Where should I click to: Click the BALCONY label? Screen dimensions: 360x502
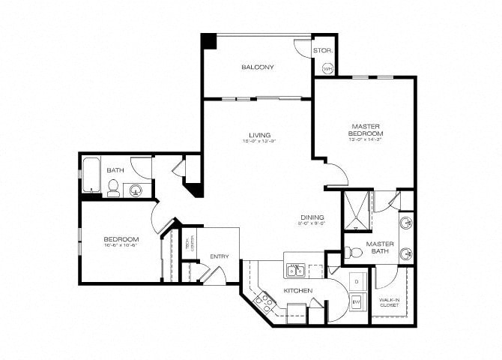click(x=257, y=67)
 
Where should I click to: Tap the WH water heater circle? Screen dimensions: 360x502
click(x=327, y=68)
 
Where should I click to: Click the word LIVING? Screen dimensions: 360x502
click(x=260, y=135)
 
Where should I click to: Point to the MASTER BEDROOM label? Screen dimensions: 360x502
click(x=365, y=130)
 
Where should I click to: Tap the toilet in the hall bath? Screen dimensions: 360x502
click(x=113, y=188)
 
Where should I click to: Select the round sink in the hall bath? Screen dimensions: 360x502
click(x=137, y=189)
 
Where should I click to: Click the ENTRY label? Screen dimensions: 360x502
click(x=219, y=256)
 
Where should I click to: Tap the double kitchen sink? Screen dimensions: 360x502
click(x=295, y=270)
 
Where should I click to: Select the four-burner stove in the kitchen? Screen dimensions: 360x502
click(x=264, y=301)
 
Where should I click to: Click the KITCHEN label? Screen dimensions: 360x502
click(x=297, y=290)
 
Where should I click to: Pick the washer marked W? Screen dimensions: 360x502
click(x=357, y=301)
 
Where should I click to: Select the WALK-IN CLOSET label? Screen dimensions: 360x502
click(x=388, y=301)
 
